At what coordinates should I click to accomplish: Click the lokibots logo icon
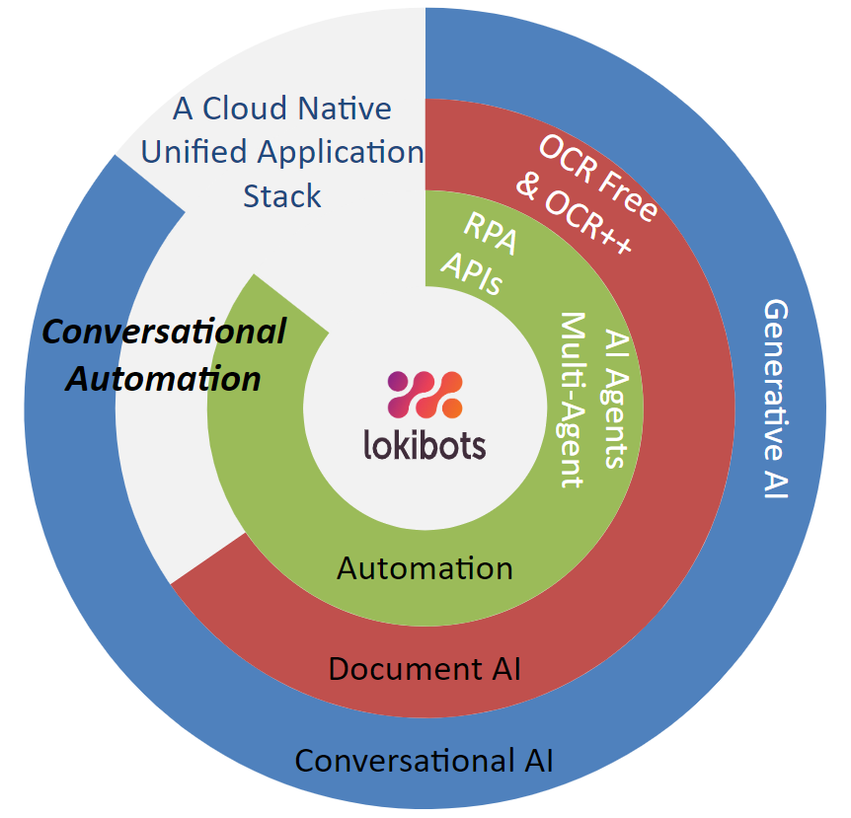tap(425, 396)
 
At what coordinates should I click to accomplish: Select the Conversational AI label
tap(425, 761)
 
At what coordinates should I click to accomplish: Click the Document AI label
tap(425, 669)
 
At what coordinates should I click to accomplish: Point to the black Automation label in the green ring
tap(425, 568)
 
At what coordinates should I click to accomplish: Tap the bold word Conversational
tap(164, 332)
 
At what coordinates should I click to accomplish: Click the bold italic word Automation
tap(164, 378)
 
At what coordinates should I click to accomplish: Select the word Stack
tap(282, 195)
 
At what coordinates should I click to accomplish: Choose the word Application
tap(340, 153)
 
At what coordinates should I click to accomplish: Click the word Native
tap(346, 109)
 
